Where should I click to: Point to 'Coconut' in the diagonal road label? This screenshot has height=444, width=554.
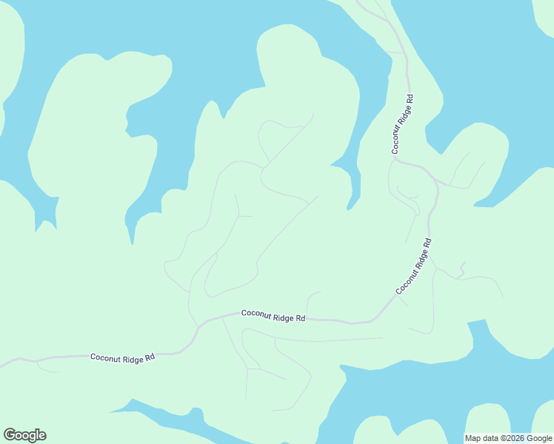point(404,283)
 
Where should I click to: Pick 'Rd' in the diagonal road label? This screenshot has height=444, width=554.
point(427,243)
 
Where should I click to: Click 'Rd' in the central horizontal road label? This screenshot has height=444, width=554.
point(301,318)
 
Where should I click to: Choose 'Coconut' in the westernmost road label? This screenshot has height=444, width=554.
point(105,357)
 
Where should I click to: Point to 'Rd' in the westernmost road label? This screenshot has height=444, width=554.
point(150,357)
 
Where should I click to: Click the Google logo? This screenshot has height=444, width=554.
point(24,435)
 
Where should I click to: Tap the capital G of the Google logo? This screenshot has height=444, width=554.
point(9,434)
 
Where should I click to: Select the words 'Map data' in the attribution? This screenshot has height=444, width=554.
point(481,438)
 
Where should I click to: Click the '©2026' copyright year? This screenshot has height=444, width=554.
point(511,438)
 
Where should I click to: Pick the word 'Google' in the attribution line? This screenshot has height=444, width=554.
point(538,438)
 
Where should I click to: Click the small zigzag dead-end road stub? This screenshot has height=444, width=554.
point(461,270)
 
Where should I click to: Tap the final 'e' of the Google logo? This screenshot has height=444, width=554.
point(42,436)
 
